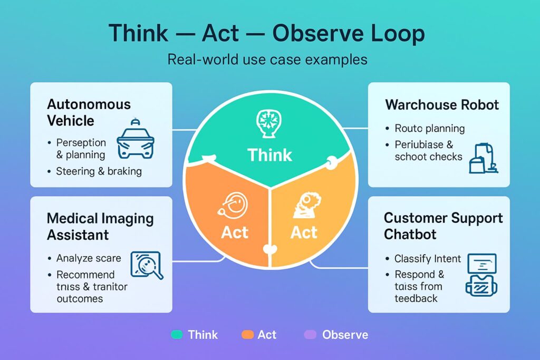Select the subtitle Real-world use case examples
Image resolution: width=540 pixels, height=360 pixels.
[267, 60]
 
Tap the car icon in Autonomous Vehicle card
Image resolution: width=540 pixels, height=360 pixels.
[136, 139]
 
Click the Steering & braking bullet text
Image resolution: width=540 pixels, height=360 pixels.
[99, 171]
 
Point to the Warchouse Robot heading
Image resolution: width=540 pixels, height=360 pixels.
[442, 105]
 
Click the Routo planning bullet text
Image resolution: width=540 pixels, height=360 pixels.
[429, 129]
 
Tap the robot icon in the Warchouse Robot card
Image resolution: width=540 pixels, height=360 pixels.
[484, 158]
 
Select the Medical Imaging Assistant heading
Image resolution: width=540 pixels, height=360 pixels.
[100, 227]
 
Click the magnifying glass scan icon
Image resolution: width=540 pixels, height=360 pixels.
[147, 265]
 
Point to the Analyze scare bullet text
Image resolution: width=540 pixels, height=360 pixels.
[89, 258]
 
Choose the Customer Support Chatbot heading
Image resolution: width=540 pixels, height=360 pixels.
[443, 226]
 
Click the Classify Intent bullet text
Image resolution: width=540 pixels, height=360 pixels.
[427, 258]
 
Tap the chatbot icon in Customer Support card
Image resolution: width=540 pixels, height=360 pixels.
[481, 275]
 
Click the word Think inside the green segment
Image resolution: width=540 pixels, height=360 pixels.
[269, 155]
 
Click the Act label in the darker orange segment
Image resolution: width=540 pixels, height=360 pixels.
[235, 232]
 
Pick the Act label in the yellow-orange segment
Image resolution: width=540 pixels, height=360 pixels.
[304, 232]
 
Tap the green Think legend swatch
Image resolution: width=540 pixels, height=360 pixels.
[177, 335]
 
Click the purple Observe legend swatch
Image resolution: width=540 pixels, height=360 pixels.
[310, 335]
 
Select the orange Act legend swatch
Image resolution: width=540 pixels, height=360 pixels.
[247, 335]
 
